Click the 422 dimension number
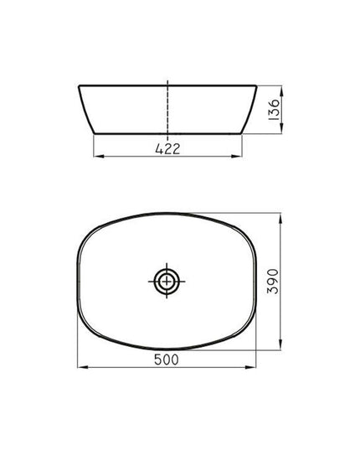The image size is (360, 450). coord(167,149)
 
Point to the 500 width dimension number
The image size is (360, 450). coord(167,359)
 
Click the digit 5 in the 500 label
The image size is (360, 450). coord(157,359)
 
